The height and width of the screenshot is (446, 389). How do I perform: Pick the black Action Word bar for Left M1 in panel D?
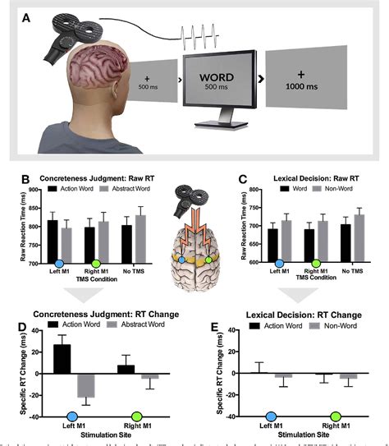[62, 358]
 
